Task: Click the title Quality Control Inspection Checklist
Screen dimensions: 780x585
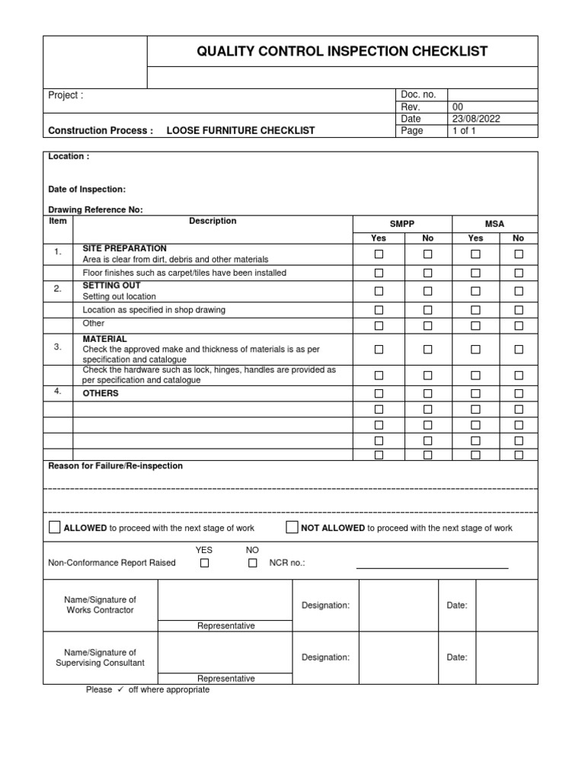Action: click(x=342, y=52)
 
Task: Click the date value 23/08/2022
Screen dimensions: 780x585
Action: click(x=477, y=119)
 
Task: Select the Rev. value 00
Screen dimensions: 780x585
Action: click(x=458, y=107)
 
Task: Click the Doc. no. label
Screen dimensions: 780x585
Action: click(x=418, y=94)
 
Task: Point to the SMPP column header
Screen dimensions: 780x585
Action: click(x=402, y=224)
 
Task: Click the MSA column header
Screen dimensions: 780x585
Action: click(x=495, y=224)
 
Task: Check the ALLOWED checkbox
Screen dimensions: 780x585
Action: click(x=55, y=527)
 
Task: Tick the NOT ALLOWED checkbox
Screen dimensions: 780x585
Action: click(x=292, y=527)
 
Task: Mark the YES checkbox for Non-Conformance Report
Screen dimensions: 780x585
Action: click(x=204, y=563)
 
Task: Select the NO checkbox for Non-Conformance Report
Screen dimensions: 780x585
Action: click(x=253, y=563)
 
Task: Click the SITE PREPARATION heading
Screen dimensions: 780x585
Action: click(x=124, y=248)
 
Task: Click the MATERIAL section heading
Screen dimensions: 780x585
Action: click(x=105, y=338)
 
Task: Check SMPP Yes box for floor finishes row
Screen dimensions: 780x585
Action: click(x=379, y=273)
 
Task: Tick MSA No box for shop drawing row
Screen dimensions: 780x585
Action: click(x=519, y=310)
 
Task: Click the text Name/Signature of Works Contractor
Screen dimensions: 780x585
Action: click(x=101, y=605)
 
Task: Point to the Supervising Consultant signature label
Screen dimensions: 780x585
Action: click(x=101, y=657)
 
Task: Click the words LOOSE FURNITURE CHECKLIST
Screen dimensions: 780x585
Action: click(x=241, y=131)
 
